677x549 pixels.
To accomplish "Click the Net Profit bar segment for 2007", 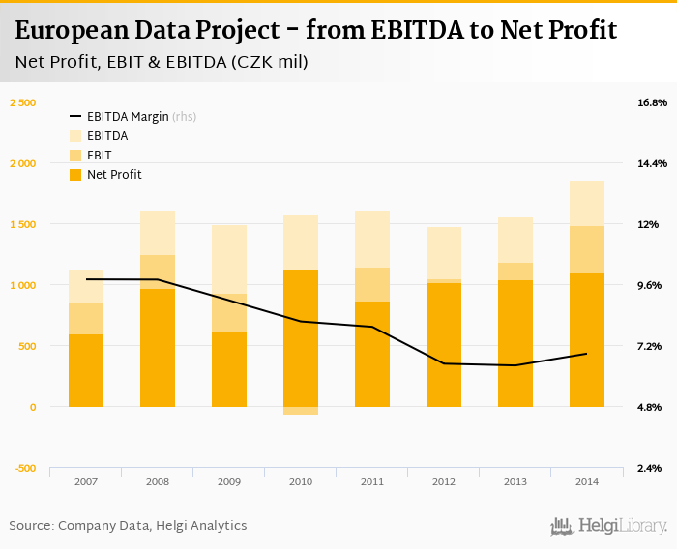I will coord(86,370).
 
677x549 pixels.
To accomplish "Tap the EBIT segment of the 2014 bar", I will coord(587,249).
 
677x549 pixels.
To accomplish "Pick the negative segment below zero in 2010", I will coord(301,411).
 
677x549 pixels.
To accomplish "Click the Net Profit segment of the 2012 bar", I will coord(444,345).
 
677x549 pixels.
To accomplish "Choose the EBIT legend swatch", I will coord(75,156).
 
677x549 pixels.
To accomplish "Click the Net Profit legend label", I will coord(114,175).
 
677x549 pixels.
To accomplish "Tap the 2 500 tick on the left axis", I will coord(22,102).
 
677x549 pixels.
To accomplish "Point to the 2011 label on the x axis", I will coord(372,481).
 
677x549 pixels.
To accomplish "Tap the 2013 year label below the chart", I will coord(515,481).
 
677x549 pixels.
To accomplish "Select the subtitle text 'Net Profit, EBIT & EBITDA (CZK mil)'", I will coord(162,63).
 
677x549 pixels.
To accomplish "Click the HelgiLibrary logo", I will coord(609,527).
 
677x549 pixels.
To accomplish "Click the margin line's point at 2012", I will coord(444,363).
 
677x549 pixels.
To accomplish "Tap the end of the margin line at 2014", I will coord(587,354).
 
